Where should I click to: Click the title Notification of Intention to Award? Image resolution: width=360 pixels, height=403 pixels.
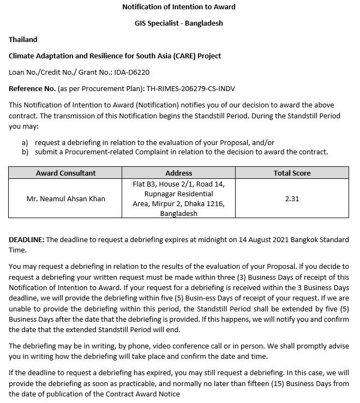[x=179, y=7]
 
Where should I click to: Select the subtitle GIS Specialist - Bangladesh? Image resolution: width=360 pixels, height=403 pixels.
[x=179, y=23]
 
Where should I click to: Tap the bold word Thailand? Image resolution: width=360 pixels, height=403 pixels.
[x=23, y=39]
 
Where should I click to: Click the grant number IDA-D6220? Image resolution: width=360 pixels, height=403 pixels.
[x=131, y=72]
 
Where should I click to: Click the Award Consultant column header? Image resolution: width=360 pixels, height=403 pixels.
[x=65, y=173]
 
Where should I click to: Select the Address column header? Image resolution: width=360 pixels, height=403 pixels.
[x=179, y=173]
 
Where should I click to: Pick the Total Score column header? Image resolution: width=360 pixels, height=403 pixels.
[x=292, y=173]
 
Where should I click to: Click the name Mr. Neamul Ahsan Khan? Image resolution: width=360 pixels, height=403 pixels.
[x=65, y=199]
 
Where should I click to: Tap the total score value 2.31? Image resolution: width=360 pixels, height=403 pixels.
[x=292, y=199]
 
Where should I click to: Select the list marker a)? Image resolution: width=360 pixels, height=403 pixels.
[x=25, y=142]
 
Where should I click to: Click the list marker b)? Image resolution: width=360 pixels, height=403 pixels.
[x=25, y=152]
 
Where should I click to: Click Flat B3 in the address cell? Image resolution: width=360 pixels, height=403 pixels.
[x=143, y=184]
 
